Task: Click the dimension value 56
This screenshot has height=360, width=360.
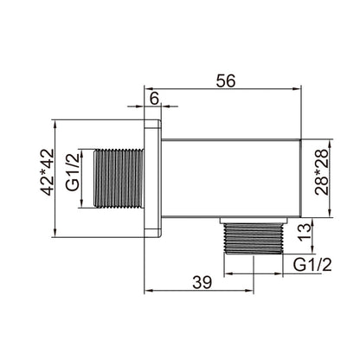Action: point(226,80)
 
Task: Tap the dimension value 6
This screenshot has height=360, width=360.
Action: point(154,100)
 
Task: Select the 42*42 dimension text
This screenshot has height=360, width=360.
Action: point(47,172)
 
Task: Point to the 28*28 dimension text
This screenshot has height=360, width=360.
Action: point(322,172)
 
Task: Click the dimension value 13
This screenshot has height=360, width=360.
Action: point(305,233)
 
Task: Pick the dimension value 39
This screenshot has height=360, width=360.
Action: point(202,282)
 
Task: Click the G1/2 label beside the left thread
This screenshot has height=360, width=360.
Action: point(72,172)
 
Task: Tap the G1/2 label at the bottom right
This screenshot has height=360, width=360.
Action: point(312,264)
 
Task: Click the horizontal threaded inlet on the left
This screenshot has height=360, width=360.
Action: point(119,178)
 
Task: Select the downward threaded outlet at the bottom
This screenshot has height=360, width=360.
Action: point(254,239)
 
